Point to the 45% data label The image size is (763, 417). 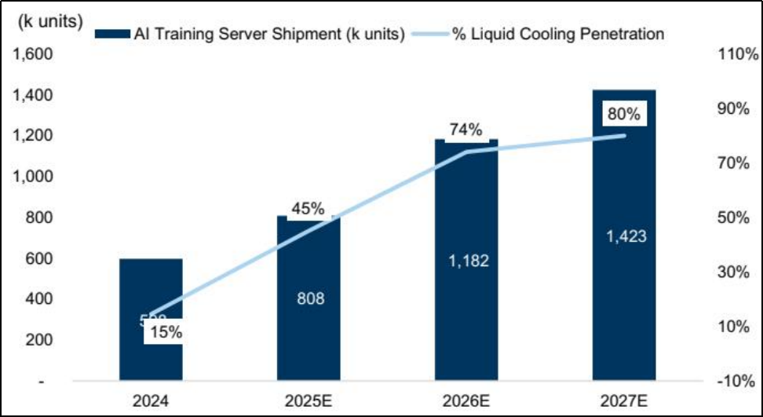(x=308, y=209)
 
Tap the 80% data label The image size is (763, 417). (x=624, y=114)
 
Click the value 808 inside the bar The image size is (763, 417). (x=309, y=298)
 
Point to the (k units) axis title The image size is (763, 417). (x=49, y=21)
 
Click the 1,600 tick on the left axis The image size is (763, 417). (x=31, y=55)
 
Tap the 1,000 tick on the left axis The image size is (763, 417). (x=31, y=177)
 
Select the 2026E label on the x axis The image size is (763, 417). (x=466, y=401)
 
